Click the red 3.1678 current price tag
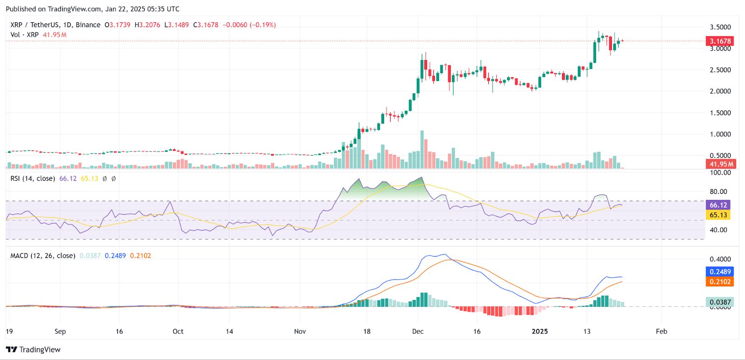pos(720,41)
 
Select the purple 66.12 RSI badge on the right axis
pos(718,205)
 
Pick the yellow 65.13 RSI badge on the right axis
pos(718,215)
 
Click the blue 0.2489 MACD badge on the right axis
pos(719,272)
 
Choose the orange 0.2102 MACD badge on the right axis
pos(719,282)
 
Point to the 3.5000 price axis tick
pos(720,27)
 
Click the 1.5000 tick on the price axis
pos(720,113)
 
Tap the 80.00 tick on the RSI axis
pos(718,191)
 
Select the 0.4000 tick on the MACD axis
pos(720,259)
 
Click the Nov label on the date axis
pos(300,332)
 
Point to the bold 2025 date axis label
pos(540,332)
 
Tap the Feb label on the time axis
pos(661,332)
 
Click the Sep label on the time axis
pos(60,332)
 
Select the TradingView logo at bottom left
pos(34,350)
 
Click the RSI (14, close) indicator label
pos(33,178)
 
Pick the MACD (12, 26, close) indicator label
pos(43,256)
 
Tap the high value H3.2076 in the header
pos(147,25)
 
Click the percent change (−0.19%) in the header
pos(263,25)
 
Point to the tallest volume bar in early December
pos(422,149)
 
